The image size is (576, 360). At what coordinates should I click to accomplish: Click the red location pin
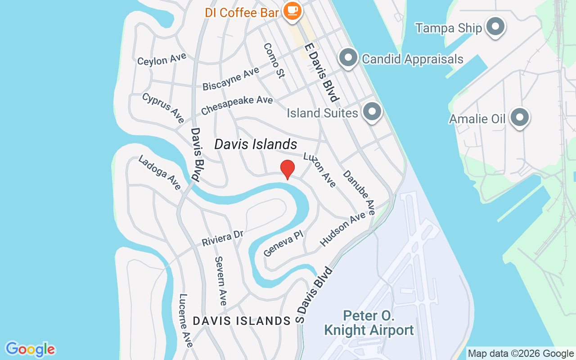point(288,169)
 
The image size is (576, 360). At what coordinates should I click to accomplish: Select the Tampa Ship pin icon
point(495,27)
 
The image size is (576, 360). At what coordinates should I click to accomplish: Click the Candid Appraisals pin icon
point(348,58)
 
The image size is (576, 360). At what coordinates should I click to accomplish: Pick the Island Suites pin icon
point(372,111)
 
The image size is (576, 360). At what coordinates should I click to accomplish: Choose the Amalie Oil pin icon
point(520,117)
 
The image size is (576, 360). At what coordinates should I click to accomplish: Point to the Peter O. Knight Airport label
point(369,323)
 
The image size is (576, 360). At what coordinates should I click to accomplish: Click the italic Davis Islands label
point(256,144)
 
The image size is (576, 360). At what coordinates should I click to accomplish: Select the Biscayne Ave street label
point(230,79)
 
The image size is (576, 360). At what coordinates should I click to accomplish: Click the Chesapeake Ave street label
point(237,104)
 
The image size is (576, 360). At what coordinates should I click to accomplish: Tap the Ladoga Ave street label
point(160,172)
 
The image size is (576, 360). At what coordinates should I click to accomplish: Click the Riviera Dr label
point(222,238)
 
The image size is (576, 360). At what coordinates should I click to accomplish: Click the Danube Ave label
point(359,192)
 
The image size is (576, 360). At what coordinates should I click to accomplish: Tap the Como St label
point(274,60)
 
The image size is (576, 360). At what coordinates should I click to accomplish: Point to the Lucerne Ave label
point(185,320)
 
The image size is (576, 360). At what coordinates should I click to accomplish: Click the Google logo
point(30,349)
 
